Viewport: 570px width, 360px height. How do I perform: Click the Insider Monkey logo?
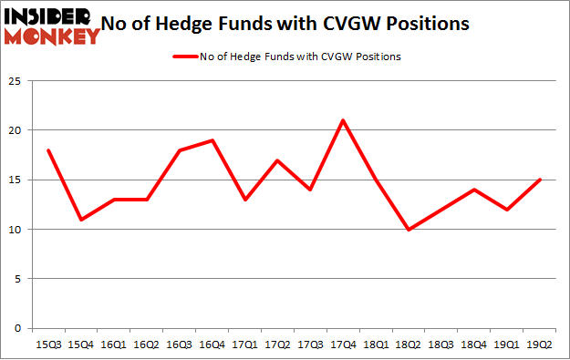52,25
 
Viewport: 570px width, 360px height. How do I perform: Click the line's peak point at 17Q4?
341,120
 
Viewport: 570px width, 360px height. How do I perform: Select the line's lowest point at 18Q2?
409,229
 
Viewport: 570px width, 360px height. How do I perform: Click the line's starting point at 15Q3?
47,150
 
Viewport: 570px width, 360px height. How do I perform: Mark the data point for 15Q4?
81,220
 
